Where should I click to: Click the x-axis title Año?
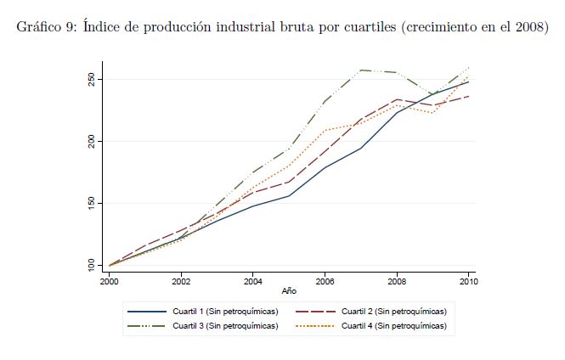point(289,290)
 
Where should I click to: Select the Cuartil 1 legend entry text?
point(224,312)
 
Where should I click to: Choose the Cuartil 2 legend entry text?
point(393,312)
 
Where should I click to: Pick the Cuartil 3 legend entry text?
point(224,325)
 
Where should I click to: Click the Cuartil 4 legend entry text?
point(393,325)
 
